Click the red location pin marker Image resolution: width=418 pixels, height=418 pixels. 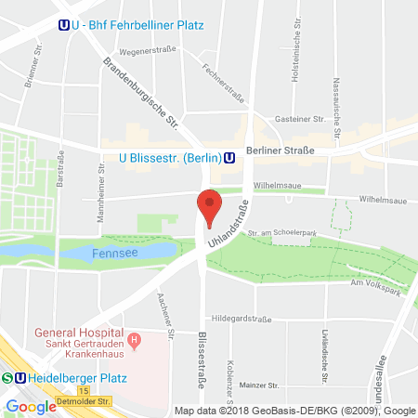[210, 206]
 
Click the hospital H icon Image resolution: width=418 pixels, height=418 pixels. [135, 340]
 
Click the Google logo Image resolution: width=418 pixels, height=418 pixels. [31, 406]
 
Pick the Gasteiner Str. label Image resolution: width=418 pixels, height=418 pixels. [300, 120]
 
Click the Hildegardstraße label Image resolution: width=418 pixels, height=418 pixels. [237, 317]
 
